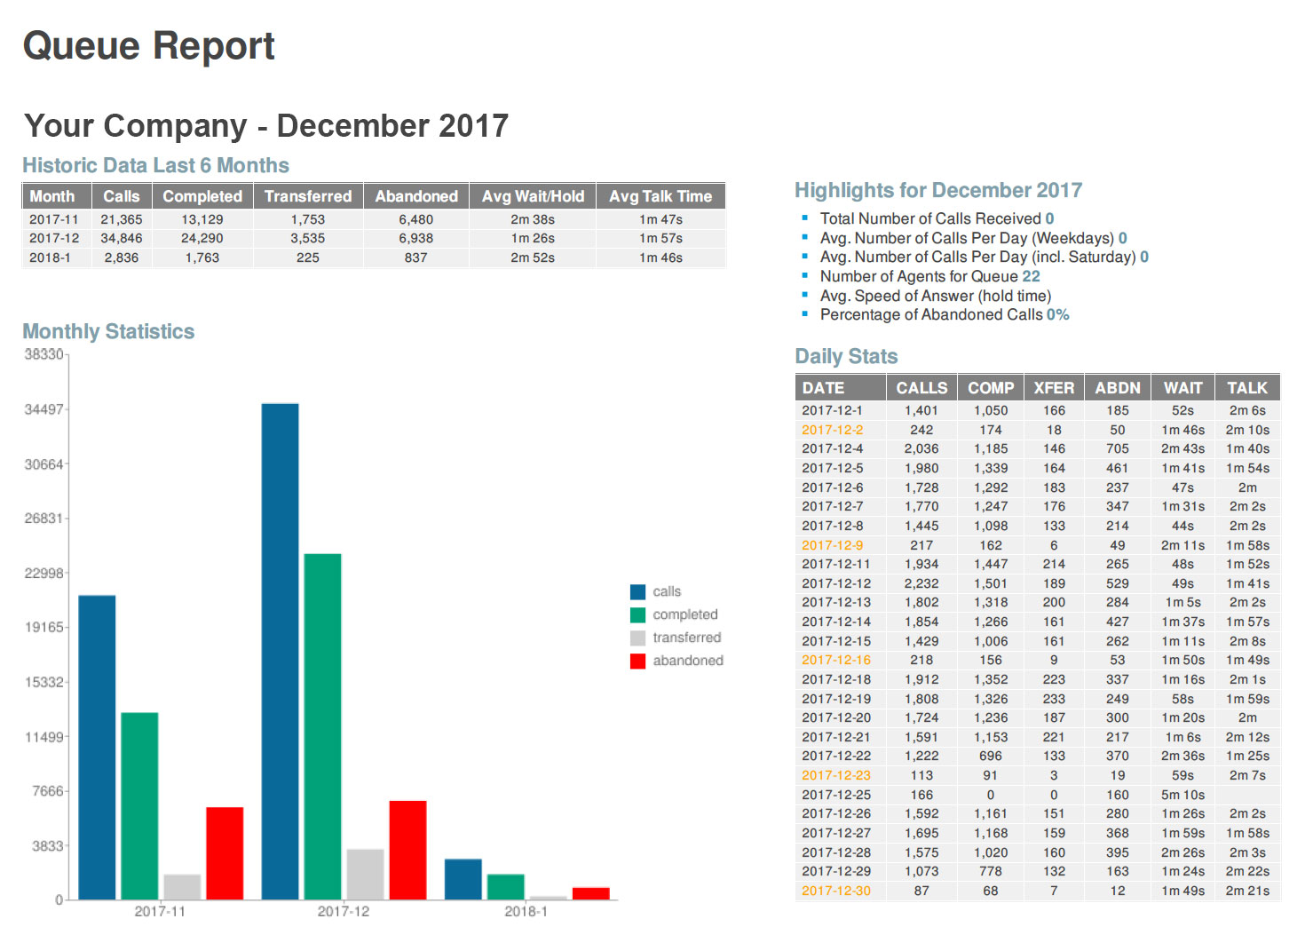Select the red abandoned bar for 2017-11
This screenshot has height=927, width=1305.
(225, 852)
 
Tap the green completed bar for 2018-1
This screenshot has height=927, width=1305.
(505, 886)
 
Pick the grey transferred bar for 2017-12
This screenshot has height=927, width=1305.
(365, 874)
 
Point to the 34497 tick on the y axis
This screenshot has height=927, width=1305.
(44, 409)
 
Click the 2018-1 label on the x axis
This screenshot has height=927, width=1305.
(526, 911)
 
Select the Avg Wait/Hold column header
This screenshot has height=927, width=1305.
(533, 196)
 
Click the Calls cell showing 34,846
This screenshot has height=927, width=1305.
(122, 238)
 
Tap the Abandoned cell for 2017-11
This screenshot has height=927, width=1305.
(415, 219)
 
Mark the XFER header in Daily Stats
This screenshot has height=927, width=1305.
(1054, 388)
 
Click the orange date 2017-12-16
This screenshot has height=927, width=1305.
(836, 660)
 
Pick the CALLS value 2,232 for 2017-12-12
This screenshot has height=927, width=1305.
(921, 583)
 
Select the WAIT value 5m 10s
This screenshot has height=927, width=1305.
(1182, 795)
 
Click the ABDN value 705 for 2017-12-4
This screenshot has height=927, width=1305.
(1118, 448)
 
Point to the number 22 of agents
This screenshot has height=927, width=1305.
(1031, 276)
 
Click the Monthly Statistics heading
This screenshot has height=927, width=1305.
(108, 331)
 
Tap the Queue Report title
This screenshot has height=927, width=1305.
(149, 46)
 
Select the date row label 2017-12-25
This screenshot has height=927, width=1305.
(836, 795)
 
